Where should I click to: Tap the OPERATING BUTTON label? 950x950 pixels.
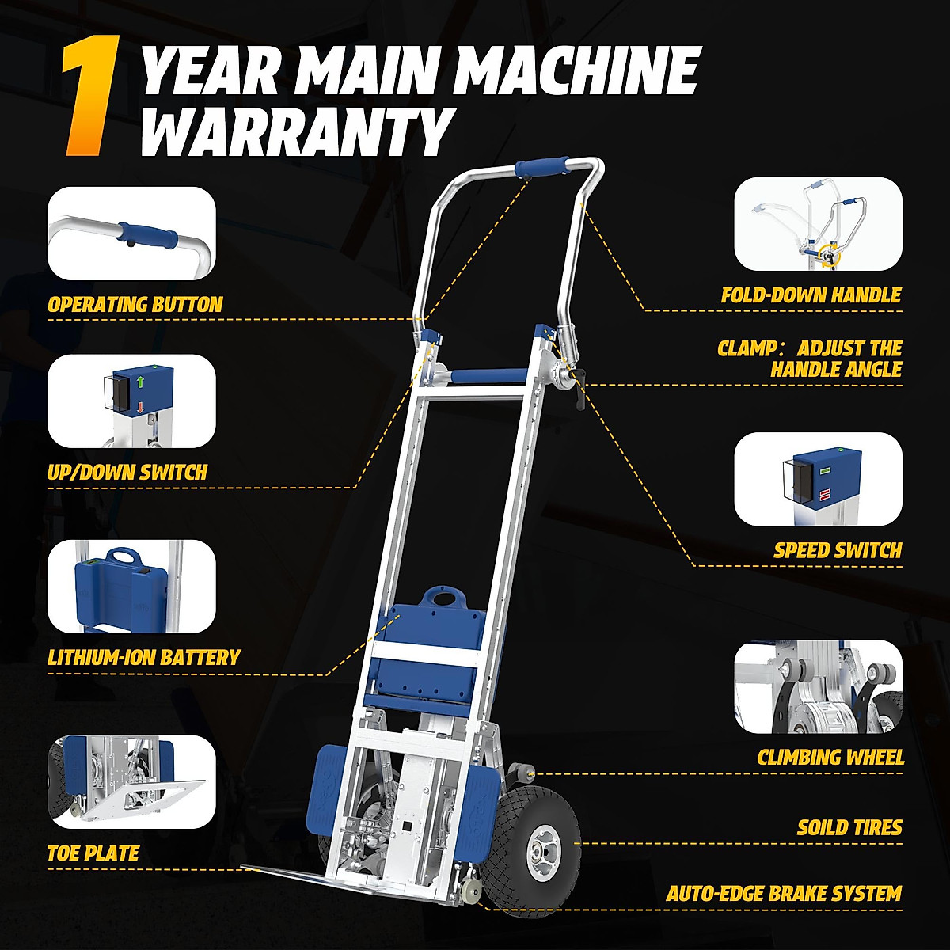[135, 305]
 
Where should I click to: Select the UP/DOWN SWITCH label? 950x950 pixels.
[127, 473]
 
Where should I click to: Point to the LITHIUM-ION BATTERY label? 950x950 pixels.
[143, 657]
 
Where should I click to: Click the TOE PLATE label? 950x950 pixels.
[93, 853]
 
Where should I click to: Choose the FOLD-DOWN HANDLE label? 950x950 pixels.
[811, 295]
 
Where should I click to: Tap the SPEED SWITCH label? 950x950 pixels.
[838, 550]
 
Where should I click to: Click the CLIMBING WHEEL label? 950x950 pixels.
[830, 758]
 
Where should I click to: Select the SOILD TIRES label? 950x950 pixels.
[849, 828]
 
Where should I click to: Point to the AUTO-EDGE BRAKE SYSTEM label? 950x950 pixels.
[784, 894]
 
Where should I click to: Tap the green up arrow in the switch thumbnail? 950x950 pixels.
[140, 382]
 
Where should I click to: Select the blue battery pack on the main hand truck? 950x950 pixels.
[431, 637]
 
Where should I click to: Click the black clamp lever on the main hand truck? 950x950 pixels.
[580, 393]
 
